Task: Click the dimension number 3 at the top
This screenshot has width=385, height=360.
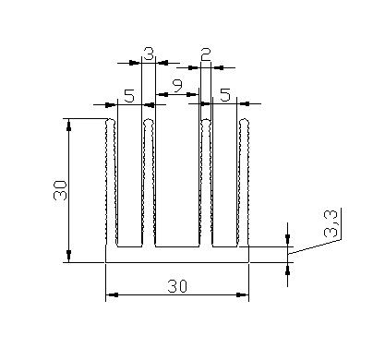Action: (x=149, y=54)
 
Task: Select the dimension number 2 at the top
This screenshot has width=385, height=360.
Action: (x=206, y=54)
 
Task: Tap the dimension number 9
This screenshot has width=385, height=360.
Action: (x=177, y=86)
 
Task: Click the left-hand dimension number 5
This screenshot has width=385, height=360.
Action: (x=129, y=96)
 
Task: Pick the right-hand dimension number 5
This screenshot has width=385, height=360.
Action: (x=225, y=95)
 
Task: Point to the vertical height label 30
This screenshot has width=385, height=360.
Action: (x=60, y=190)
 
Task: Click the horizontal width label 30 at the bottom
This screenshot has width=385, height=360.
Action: (x=177, y=287)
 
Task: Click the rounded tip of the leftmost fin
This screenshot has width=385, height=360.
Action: (x=110, y=121)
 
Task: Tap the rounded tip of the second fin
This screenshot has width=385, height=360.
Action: (x=149, y=122)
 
